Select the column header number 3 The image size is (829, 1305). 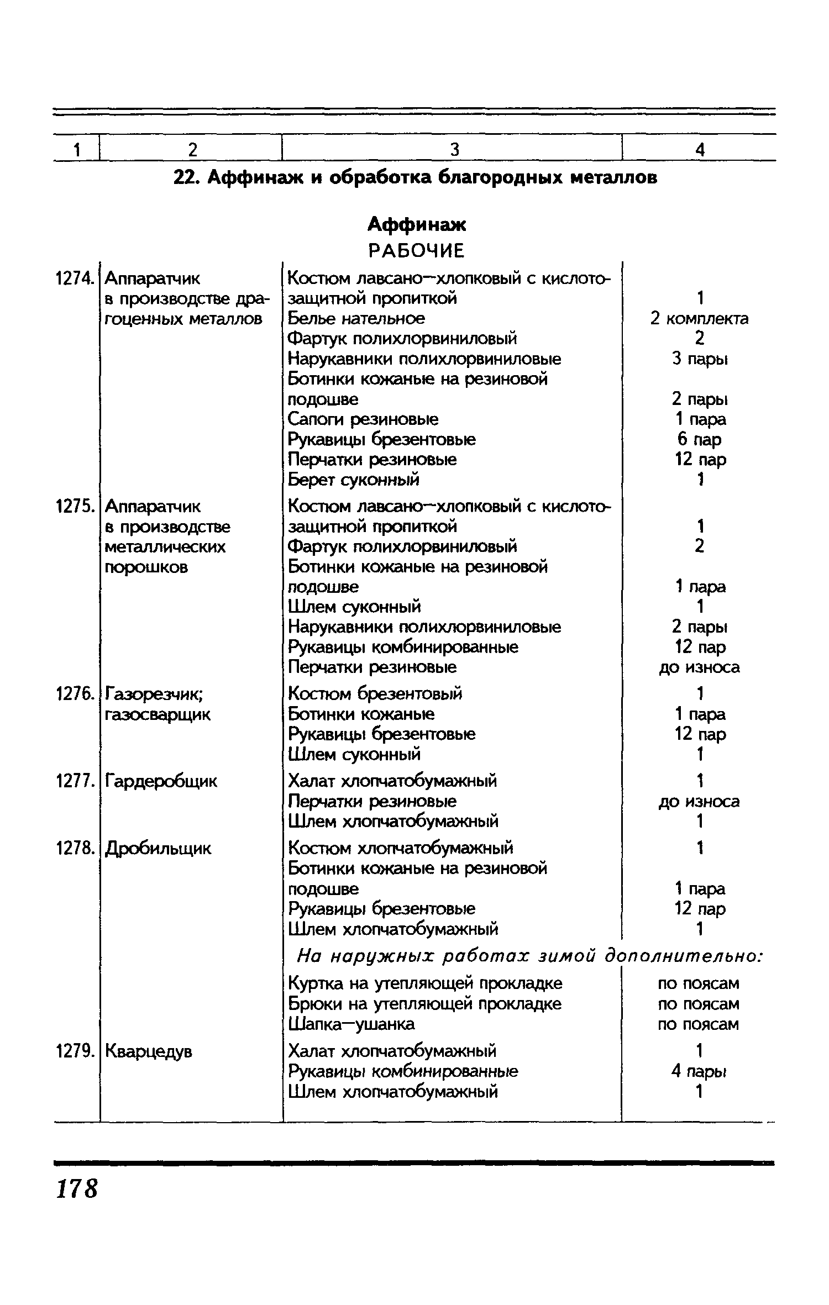(x=454, y=149)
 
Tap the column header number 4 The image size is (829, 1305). (x=700, y=149)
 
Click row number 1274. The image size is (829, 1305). (x=75, y=278)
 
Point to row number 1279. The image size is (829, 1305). (x=75, y=1051)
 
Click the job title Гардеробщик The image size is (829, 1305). (x=161, y=781)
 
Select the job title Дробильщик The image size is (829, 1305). (x=158, y=848)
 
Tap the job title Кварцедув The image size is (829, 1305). (x=149, y=1051)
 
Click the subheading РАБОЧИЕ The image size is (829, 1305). (x=417, y=251)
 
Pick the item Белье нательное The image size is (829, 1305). (x=356, y=319)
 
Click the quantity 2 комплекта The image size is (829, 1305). (x=700, y=319)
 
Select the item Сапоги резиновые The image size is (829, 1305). (x=363, y=419)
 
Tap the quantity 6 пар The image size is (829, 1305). (x=700, y=439)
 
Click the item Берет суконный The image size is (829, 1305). (x=354, y=480)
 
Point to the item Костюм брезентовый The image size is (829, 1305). (x=375, y=693)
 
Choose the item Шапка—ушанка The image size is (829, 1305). (x=351, y=1024)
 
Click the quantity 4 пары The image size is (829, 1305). (x=700, y=1071)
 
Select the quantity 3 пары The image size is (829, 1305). (x=700, y=359)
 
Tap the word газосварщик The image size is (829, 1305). (x=158, y=714)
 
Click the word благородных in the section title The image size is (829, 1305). (x=500, y=177)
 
